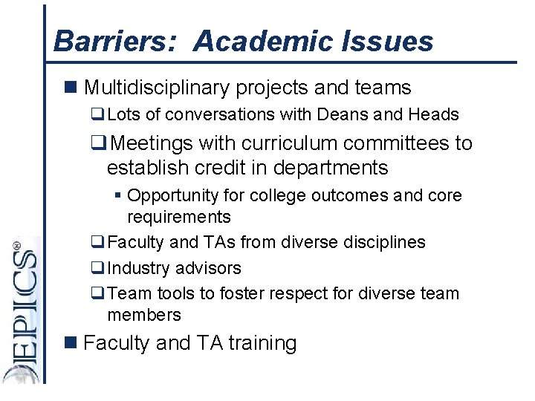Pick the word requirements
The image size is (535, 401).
179,217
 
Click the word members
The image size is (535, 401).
144,315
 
